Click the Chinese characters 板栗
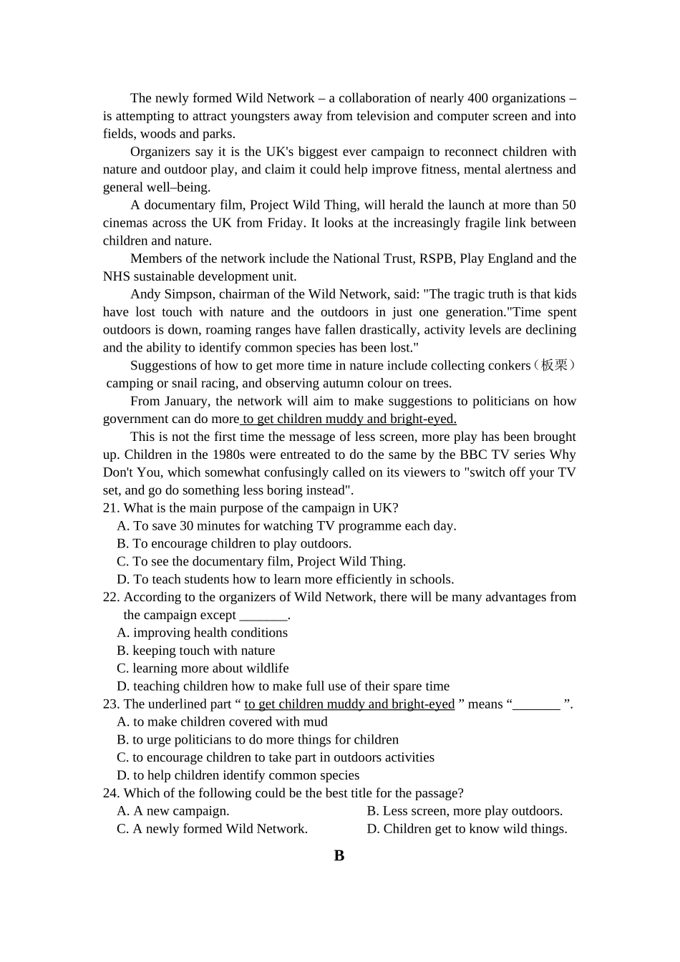coord(554,366)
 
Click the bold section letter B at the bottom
coord(339,856)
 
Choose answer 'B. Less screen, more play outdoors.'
coord(465,812)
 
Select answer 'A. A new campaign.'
coord(173,812)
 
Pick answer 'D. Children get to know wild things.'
coord(467,830)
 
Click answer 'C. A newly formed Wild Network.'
coord(212,830)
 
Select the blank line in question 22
coord(263,616)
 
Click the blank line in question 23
coord(536,705)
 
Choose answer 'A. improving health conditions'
coord(203,633)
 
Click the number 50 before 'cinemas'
coord(568,205)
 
